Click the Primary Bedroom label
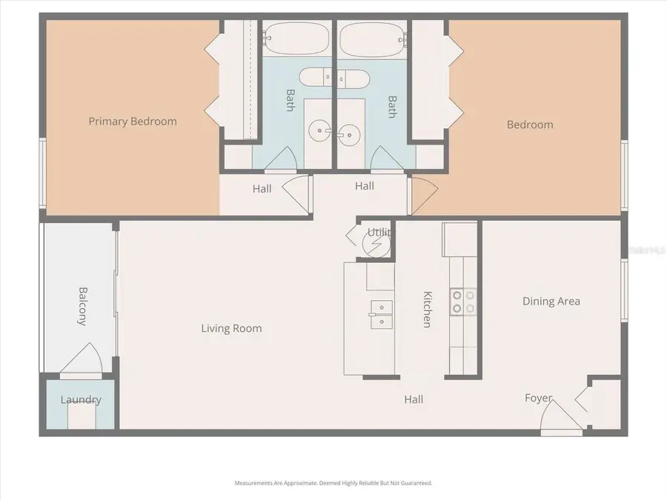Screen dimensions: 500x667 click(x=133, y=121)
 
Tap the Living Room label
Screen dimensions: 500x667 click(x=231, y=328)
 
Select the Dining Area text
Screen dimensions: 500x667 click(x=551, y=301)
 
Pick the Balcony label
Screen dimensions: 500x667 click(x=83, y=306)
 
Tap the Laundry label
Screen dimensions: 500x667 click(x=80, y=400)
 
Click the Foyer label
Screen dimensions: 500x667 click(x=538, y=398)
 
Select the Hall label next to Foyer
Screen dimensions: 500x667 click(x=414, y=399)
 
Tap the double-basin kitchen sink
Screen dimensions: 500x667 click(x=381, y=313)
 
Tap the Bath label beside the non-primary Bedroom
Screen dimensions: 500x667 click(x=392, y=106)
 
